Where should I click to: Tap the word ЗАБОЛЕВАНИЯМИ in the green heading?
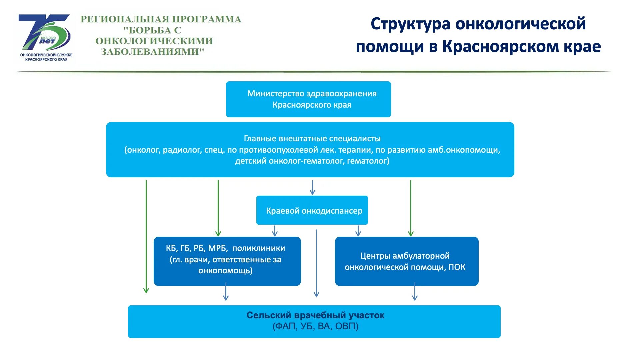pos(152,52)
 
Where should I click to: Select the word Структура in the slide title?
pos(410,24)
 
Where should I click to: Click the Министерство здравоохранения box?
pos(308,99)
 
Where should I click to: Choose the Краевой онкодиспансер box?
pos(312,210)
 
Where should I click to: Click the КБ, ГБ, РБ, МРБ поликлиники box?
pos(227,261)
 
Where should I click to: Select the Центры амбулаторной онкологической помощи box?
pos(406,261)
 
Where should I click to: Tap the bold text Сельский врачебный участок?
pos(315,315)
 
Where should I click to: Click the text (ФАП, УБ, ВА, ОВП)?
pos(315,326)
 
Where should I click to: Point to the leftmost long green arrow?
pos(146,237)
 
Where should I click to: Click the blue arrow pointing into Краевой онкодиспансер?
pos(312,188)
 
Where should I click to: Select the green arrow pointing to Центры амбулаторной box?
pos(411,208)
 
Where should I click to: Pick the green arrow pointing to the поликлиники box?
pos(218,208)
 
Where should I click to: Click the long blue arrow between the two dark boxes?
pos(316,263)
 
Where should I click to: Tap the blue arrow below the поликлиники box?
pos(226,292)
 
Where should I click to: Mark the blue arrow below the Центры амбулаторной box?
pos(415,292)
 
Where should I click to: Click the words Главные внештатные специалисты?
pos(312,138)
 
